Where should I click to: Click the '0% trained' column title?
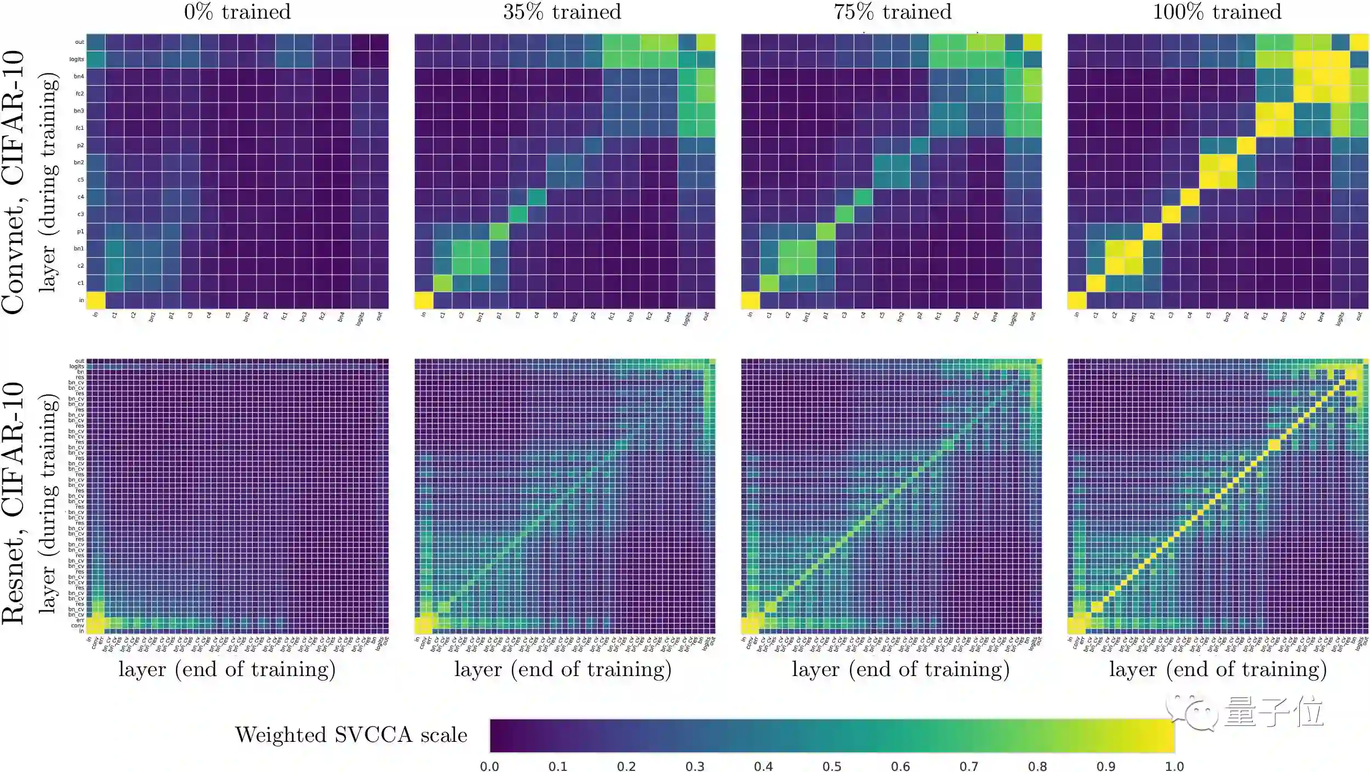coord(237,12)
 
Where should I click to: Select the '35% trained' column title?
coord(562,12)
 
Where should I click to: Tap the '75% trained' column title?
coord(893,12)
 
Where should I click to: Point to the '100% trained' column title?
coord(1217,12)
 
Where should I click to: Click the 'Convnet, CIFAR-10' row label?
coord(13,182)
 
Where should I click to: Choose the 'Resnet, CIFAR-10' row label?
coord(13,503)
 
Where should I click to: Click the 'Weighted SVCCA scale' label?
coord(351,735)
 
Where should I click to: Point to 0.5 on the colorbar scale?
coord(832,766)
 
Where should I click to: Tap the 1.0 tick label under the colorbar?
coord(1174,766)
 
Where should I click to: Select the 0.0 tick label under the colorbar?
coord(489,766)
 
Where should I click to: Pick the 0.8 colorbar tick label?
coord(1037,766)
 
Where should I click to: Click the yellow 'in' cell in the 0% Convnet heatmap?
coord(96,300)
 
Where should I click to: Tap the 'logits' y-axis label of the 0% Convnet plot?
coord(77,59)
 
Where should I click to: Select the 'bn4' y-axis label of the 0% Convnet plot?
coord(79,76)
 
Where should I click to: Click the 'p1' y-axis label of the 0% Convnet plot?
coord(80,231)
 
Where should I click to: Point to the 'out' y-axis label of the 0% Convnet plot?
coord(79,42)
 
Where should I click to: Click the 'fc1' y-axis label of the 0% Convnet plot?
coord(79,128)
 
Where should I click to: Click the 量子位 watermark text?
coord(1274,712)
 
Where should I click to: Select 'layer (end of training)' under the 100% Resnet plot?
coord(1218,669)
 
